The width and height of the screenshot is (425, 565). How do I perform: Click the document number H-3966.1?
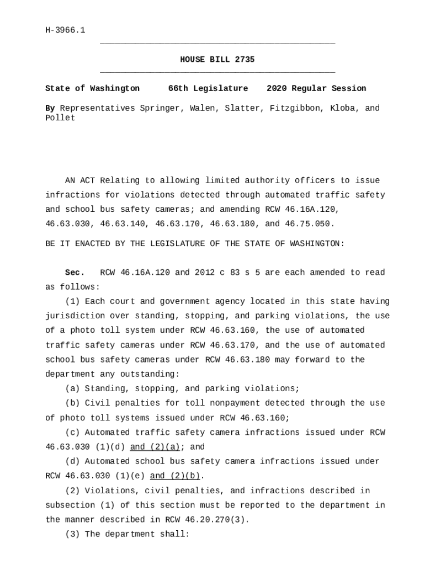(65, 30)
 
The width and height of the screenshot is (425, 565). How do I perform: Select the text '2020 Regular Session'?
(316, 89)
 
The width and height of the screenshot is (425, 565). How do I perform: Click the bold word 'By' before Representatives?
(50, 108)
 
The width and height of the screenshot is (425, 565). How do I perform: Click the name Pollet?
(60, 118)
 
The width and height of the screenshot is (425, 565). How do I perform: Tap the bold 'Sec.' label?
(75, 273)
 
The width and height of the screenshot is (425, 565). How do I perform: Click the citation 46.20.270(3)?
(207, 520)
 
